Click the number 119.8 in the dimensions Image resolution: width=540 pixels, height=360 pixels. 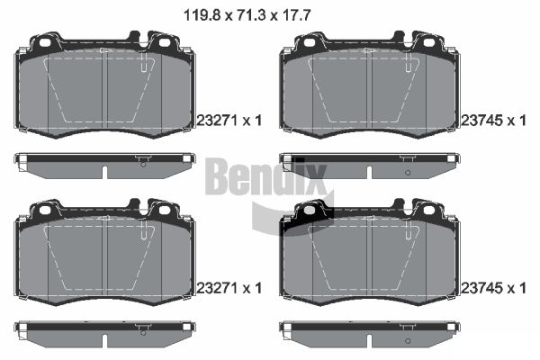(202, 15)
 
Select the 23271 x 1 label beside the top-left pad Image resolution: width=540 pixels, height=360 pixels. (229, 121)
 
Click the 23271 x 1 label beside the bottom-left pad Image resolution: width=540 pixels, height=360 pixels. (229, 288)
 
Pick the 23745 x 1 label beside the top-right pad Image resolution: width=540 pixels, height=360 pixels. (493, 121)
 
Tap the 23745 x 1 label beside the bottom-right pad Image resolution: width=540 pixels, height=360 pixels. (493, 288)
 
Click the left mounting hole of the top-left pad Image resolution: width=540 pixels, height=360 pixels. (45, 42)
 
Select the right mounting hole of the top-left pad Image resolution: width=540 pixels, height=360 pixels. (165, 42)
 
